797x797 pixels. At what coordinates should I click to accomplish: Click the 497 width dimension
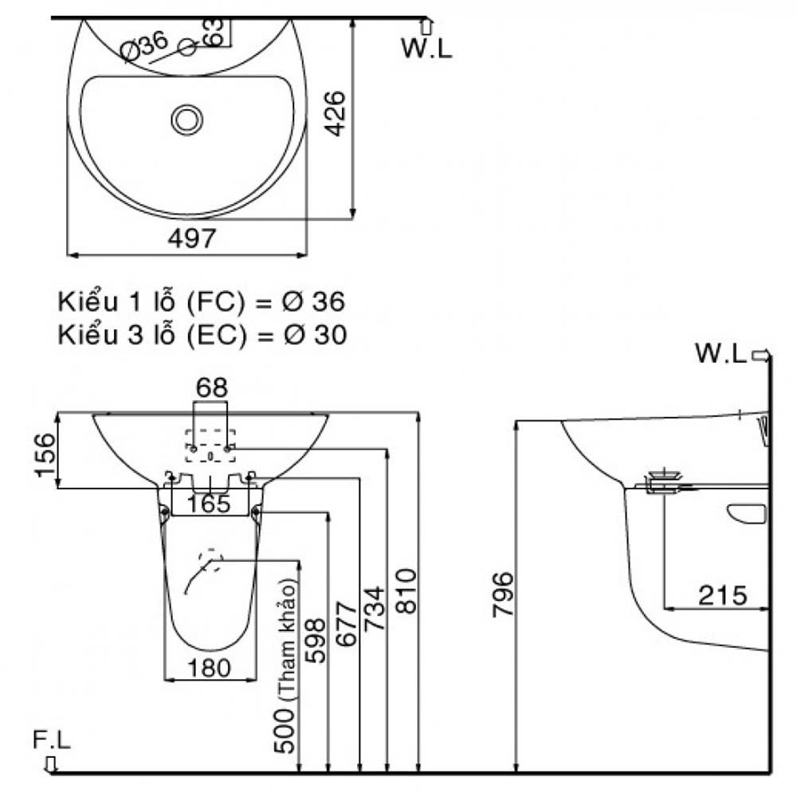point(192,238)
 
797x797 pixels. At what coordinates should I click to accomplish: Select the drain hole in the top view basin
point(187,120)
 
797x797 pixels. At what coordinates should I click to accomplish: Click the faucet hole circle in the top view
point(189,47)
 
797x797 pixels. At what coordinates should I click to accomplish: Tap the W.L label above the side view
point(720,353)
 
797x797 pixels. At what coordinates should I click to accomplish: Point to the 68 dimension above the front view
point(212,388)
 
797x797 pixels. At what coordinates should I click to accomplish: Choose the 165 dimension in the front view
point(209,504)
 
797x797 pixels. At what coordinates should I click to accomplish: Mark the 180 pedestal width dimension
point(210,668)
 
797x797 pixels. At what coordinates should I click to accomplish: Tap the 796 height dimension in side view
point(502,594)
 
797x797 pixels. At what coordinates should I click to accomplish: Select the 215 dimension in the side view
point(724,595)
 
